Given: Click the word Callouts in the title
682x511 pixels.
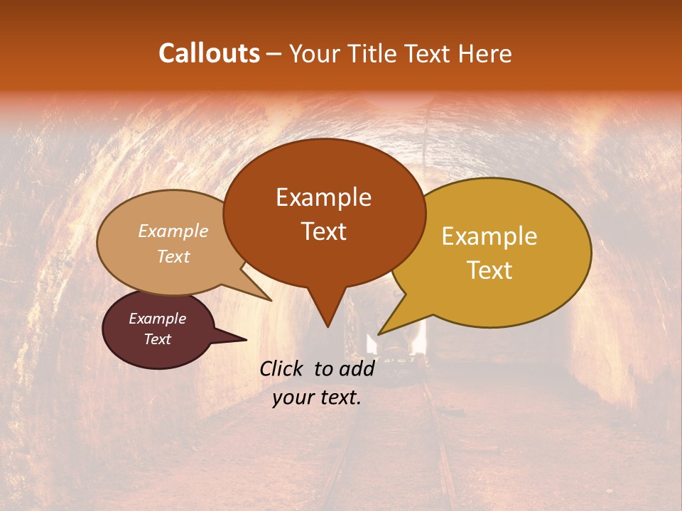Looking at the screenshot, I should click(209, 53).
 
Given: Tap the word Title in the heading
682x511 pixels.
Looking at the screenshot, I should click(375, 53).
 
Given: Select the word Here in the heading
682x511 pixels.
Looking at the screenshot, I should click(483, 53).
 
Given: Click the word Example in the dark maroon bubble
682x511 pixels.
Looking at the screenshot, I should click(157, 319).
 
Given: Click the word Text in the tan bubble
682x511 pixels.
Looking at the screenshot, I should click(173, 256).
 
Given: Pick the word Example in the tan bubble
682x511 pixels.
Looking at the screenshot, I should click(173, 231).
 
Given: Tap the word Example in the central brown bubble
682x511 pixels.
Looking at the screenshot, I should click(323, 197).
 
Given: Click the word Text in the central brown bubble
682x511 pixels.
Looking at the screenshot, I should click(323, 231).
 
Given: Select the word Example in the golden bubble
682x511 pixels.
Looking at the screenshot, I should click(489, 236).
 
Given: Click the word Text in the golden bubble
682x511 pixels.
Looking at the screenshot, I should click(489, 270).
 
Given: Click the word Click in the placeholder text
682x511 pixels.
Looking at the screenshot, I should click(283, 368).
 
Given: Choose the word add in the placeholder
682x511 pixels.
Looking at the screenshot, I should click(357, 368).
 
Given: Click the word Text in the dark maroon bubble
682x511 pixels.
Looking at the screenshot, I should click(157, 339).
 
